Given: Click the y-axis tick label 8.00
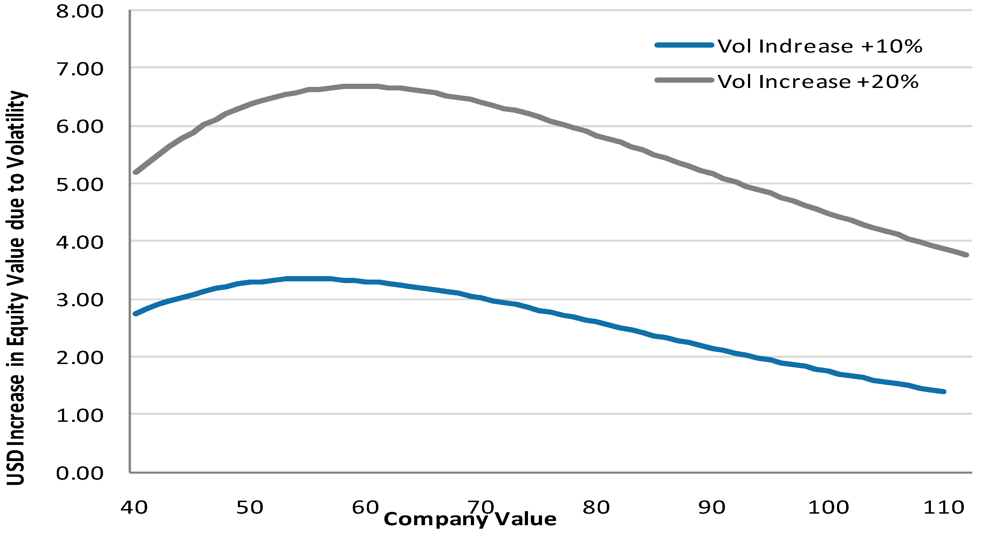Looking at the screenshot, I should [80, 12].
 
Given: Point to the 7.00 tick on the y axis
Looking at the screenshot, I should [80, 69].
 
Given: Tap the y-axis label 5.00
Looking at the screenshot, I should [80, 185].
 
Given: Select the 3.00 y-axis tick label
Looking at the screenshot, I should [80, 301].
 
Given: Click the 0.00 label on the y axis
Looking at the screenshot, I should [80, 474].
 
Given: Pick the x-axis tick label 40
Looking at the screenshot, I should [134, 508].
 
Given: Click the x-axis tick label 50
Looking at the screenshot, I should [249, 508].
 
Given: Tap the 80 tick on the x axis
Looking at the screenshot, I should [596, 508].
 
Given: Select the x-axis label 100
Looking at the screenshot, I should [829, 508].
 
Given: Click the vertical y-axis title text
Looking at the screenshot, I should [16, 288].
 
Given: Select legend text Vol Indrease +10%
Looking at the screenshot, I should [820, 47].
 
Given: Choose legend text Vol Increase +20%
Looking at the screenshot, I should [818, 82].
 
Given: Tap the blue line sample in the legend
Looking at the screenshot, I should [684, 45].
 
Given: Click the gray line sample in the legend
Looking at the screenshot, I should [684, 80].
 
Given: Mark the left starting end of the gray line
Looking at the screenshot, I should [135, 172].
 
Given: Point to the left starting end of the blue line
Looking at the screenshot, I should [135, 314].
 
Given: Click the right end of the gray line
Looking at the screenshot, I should [967, 255].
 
